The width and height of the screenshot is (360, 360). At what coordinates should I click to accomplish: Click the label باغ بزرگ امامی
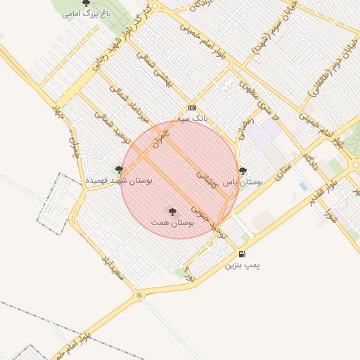pyautogui.click(x=86, y=13)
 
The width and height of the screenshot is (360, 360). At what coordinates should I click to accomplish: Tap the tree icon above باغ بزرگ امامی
pyautogui.click(x=86, y=4)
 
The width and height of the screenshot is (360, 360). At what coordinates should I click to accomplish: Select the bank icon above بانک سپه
pyautogui.click(x=192, y=108)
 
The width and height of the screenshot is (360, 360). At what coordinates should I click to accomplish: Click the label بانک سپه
pyautogui.click(x=193, y=119)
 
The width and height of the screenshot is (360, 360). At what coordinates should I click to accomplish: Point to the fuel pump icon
pyautogui.click(x=242, y=255)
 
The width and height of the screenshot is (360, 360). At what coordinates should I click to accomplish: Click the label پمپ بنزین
pyautogui.click(x=242, y=266)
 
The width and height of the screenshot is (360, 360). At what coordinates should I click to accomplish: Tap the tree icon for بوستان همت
pyautogui.click(x=172, y=211)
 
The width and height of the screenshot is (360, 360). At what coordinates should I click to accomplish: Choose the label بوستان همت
pyautogui.click(x=172, y=222)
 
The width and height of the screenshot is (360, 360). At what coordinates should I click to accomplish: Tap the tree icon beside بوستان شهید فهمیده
pyautogui.click(x=119, y=169)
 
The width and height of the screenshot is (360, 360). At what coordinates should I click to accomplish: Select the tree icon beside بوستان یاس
pyautogui.click(x=243, y=170)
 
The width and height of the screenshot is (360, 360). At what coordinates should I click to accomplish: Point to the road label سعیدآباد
pyautogui.click(x=112, y=266)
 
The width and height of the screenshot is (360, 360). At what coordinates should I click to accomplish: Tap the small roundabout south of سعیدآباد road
pyautogui.click(x=139, y=295)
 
